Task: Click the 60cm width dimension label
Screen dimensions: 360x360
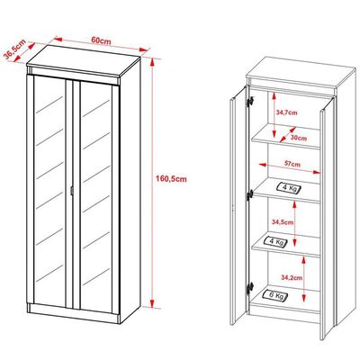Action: (x=101, y=40)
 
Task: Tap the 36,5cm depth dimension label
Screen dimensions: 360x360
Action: (x=14, y=49)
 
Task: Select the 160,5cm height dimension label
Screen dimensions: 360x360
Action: (x=171, y=179)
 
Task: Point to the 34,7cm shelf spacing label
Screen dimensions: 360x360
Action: (x=286, y=112)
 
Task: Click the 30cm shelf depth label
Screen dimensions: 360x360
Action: (x=299, y=139)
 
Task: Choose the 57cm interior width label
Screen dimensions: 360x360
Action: (x=292, y=165)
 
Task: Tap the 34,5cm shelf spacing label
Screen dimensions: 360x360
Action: (x=283, y=222)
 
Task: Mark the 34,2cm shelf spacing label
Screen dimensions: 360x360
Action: (x=292, y=278)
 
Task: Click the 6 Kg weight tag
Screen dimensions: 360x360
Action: (x=275, y=295)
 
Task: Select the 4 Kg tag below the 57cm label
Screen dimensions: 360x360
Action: (x=289, y=188)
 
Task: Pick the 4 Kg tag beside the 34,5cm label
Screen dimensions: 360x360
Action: (x=274, y=241)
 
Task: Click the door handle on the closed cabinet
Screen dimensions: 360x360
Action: (x=71, y=191)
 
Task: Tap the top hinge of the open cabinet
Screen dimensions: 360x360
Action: (x=249, y=101)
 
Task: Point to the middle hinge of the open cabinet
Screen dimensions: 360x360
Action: (x=250, y=194)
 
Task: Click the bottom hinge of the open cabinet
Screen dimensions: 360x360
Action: (x=250, y=288)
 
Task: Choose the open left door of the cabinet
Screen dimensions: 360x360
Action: (x=239, y=205)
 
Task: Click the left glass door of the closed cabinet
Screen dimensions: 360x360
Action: (x=49, y=191)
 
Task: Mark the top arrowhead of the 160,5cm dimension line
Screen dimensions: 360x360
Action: (x=152, y=62)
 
